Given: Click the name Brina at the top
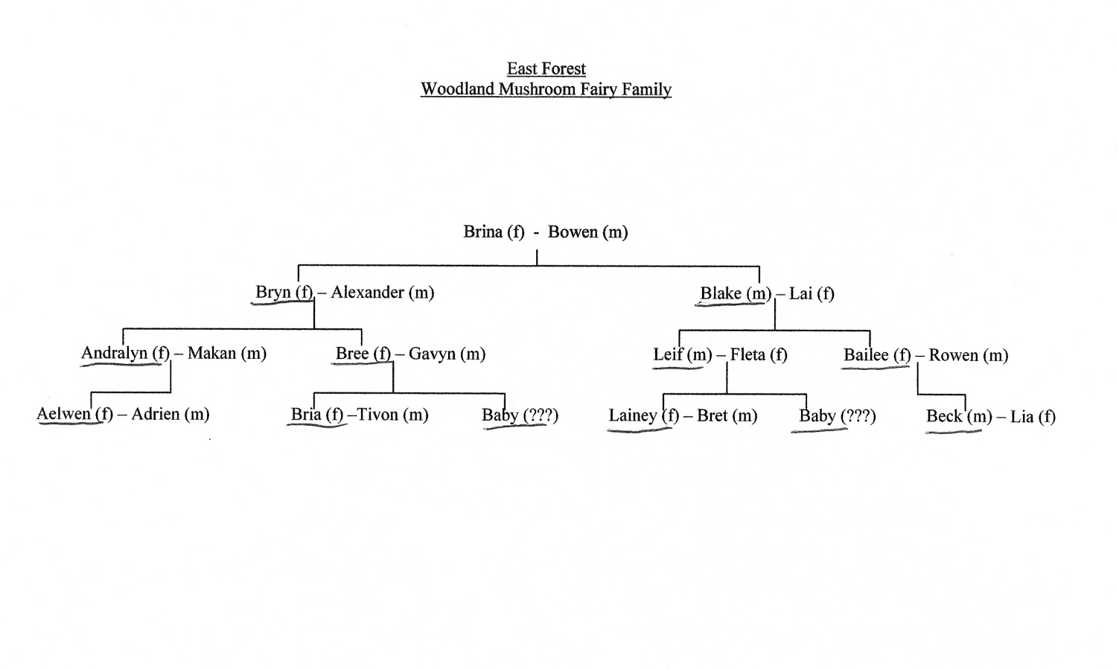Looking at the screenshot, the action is point(482,232).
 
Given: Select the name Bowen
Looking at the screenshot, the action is point(573,232).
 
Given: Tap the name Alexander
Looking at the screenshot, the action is point(367,293).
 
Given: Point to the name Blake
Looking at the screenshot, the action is point(721,293).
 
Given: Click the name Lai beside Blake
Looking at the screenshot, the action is point(801,294).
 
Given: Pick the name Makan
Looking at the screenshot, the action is point(211,353).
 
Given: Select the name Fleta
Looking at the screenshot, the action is point(747,355).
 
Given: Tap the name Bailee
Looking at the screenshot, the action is point(866,355).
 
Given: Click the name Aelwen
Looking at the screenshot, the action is point(63,414).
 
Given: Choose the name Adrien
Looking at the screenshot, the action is point(156,414).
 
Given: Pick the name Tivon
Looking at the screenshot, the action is point(378,415).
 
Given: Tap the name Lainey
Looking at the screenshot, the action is point(633,415).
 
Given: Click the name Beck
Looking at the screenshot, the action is point(944,416).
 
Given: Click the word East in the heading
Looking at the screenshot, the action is point(521,68).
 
